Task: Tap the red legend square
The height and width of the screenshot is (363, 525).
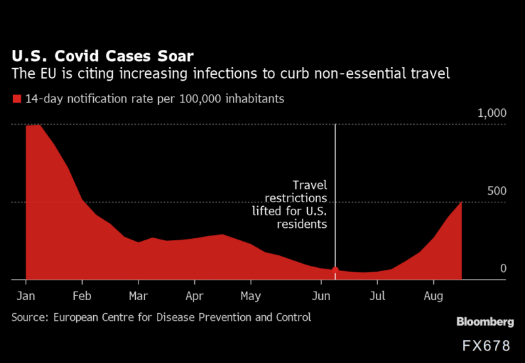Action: (16, 100)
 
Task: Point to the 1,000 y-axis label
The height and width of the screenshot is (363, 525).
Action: (491, 114)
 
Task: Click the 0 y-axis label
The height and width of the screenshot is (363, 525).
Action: (503, 268)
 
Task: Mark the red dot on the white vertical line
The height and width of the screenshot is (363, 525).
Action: (335, 270)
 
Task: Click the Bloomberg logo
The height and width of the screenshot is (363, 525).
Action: (485, 322)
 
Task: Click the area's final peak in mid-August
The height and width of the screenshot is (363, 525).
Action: (461, 203)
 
